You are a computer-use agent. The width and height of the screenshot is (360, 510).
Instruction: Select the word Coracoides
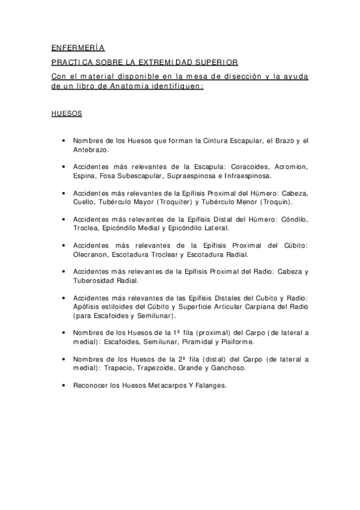point(252,167)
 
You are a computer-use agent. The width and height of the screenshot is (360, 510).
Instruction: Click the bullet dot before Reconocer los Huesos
point(64,386)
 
